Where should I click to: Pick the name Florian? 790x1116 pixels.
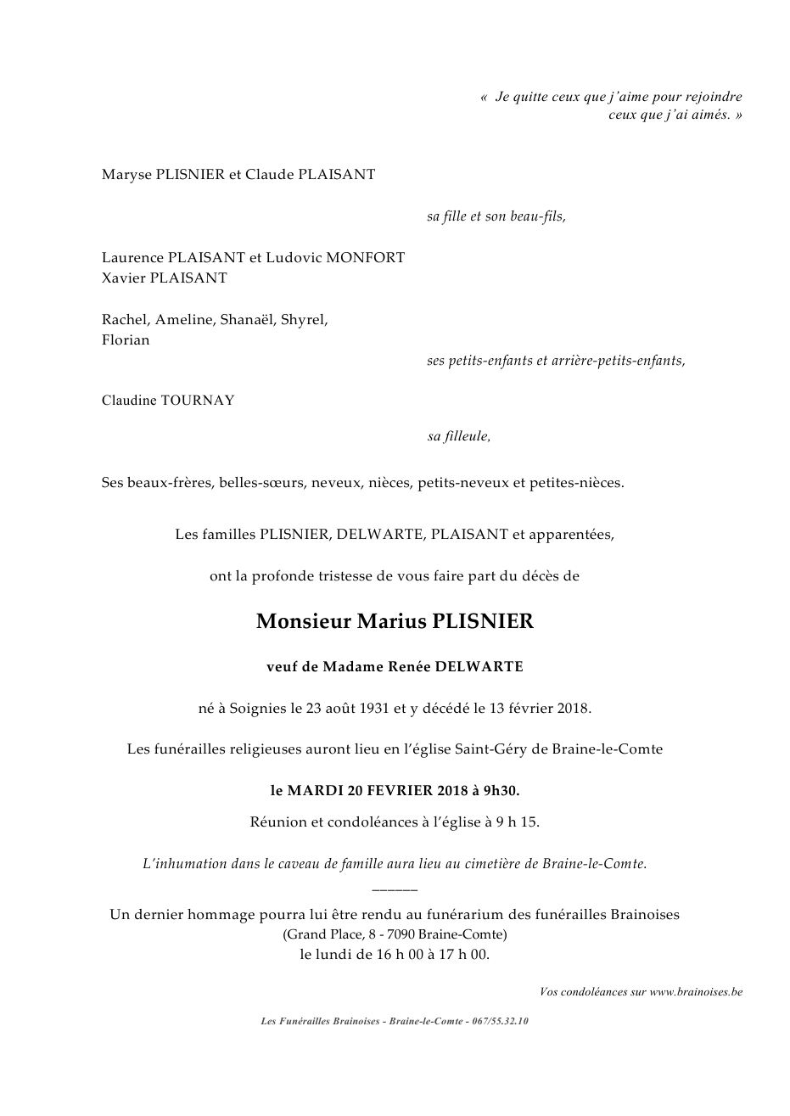point(126,339)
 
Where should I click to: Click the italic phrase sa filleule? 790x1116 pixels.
point(458,436)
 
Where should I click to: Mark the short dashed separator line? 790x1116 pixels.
point(395,889)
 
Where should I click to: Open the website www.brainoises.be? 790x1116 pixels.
point(696,991)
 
